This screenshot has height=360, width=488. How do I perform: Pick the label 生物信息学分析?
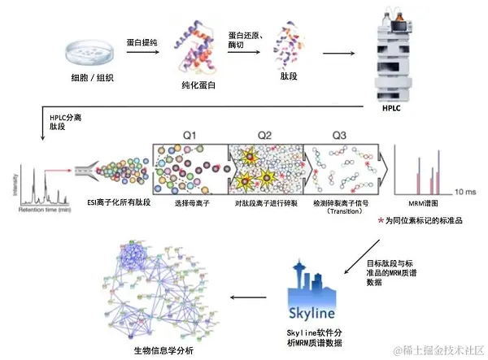pos(163,350)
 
